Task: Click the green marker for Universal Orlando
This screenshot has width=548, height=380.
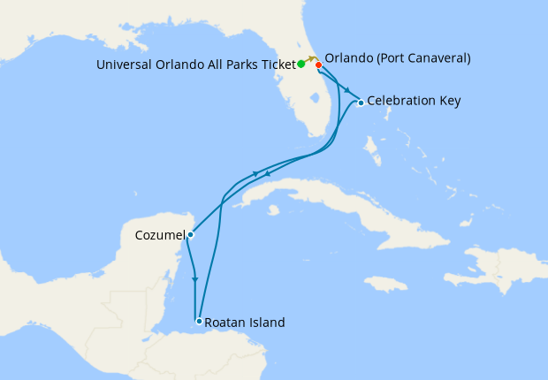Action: [x=301, y=64]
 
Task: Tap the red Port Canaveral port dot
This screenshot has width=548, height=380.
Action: [x=318, y=65]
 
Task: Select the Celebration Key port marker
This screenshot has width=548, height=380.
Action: [x=361, y=103]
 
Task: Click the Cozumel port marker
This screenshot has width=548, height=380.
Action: [x=190, y=235]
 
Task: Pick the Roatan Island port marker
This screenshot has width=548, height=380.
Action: [x=199, y=321]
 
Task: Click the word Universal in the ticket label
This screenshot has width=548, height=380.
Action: [x=124, y=64]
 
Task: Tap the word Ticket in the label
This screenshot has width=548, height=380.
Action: [x=277, y=64]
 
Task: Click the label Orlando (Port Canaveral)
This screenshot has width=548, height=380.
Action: [x=398, y=58]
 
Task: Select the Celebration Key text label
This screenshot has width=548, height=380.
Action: [x=414, y=101]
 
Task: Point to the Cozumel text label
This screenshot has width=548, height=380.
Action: [x=160, y=236]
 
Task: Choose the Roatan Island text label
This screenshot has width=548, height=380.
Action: [x=245, y=323]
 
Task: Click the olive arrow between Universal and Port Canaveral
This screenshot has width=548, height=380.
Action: [x=311, y=58]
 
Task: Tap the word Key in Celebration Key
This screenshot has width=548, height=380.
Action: [x=449, y=101]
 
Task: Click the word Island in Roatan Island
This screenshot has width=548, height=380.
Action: [x=266, y=323]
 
